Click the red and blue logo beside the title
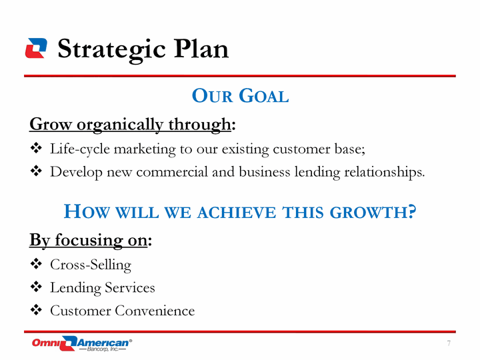coord(36,48)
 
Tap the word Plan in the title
coord(201,48)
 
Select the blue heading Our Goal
coord(240,95)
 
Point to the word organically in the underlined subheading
coord(120,125)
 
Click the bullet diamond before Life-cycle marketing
coord(36,148)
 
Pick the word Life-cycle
coord(80,150)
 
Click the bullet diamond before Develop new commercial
coord(36,171)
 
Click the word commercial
coord(172,172)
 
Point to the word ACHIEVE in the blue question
coord(236,213)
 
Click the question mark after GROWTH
coord(412,211)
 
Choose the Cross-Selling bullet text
coord(91,265)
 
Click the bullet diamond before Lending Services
coord(36,287)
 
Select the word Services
coord(130,287)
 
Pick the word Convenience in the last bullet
coord(155,311)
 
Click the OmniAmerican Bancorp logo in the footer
coord(82,343)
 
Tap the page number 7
coord(449,343)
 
